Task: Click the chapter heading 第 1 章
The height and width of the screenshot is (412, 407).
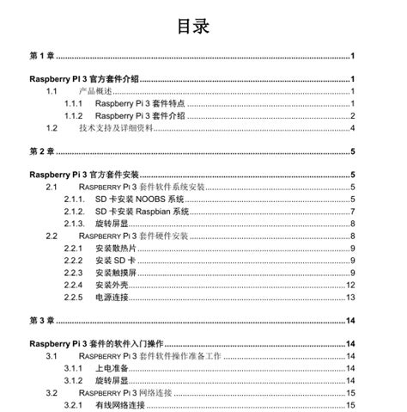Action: (x=42, y=56)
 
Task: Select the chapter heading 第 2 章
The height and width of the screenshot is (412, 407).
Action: (x=42, y=151)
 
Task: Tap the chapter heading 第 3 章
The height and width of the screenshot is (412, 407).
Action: (x=42, y=321)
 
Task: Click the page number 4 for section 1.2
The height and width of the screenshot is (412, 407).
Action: (x=352, y=128)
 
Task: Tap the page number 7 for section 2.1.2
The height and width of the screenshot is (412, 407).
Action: (x=352, y=212)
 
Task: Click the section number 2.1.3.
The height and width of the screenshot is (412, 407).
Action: (x=75, y=224)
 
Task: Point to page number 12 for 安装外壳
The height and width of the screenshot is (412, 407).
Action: (x=350, y=285)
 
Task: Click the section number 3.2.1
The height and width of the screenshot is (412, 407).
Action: (x=74, y=404)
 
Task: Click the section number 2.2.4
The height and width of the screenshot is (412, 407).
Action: (x=74, y=285)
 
